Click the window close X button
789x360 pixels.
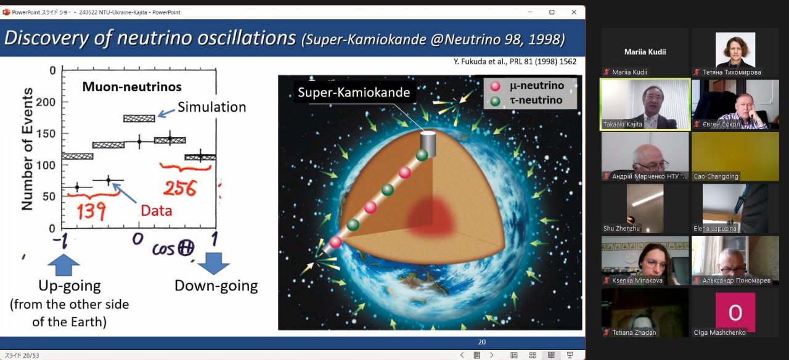pos(574,12)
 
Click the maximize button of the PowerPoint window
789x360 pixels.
pos(552,12)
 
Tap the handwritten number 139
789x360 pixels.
pos(91,211)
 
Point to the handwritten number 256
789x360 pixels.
pos(180,188)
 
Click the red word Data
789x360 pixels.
pos(157,211)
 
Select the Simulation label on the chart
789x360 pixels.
pos(211,107)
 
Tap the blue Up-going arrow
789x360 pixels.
pos(63,265)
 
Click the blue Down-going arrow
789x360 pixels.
pos(213,263)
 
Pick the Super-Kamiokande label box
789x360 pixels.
pos(354,92)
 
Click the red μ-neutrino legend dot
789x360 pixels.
pos(495,86)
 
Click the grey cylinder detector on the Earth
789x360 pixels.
pos(428,142)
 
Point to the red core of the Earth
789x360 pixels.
pos(431,216)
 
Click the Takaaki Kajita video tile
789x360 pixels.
pos(645,104)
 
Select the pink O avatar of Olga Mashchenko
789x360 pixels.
pos(735,312)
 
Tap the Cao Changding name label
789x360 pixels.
pos(716,176)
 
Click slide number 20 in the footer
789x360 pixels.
pos(482,342)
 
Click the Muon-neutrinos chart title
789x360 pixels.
pos(132,87)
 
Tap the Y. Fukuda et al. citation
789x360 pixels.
pos(515,62)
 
